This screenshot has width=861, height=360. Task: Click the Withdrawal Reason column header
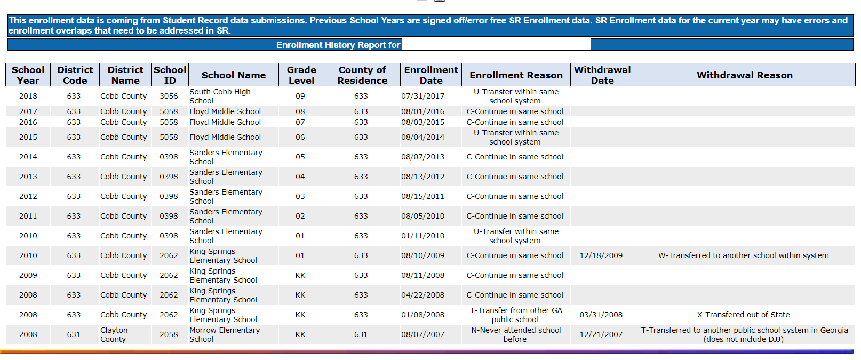745,75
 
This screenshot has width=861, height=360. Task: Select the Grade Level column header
301,75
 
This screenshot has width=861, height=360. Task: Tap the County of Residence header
362,75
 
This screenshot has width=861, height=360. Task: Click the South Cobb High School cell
220,96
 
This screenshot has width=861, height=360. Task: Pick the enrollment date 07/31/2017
423,96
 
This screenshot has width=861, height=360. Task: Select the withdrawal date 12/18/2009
601,255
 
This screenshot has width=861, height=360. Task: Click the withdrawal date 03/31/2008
601,315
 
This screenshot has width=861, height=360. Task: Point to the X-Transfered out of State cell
744,315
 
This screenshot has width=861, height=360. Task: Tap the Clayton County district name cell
114,334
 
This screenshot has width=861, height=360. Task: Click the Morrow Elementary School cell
225,334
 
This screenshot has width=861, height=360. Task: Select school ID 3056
169,96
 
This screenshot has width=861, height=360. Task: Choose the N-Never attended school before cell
516,334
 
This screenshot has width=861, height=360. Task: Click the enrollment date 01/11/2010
423,236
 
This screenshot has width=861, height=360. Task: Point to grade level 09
300,96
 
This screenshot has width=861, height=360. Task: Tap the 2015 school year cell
28,137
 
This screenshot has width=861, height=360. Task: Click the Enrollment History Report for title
338,45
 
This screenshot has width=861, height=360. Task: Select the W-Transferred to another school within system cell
744,255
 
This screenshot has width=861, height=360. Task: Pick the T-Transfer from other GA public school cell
516,315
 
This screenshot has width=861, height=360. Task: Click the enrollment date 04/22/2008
423,295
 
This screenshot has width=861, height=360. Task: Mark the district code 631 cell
74,334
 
